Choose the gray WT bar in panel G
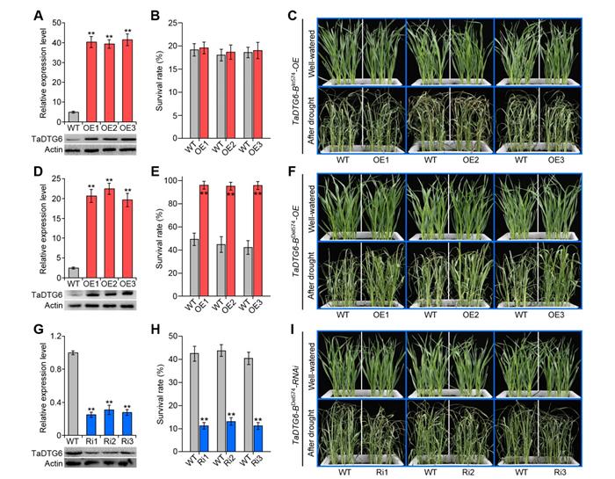(x=74, y=388)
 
